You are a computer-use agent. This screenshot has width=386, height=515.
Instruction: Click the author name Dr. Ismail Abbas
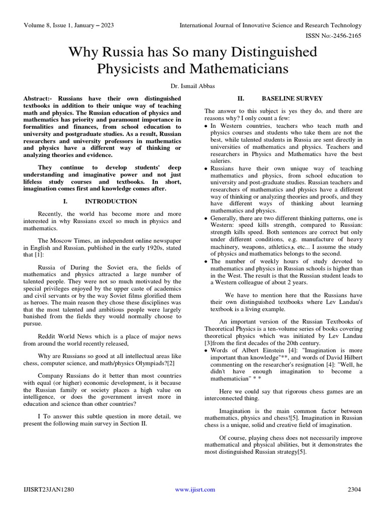coord(193,87)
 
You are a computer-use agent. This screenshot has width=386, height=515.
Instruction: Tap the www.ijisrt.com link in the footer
coord(195,489)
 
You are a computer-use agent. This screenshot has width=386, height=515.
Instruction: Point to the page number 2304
coord(355,489)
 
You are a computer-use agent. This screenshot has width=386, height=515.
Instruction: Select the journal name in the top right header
coord(270,26)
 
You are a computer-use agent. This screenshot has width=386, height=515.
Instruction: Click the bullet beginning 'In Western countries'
coord(207,126)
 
